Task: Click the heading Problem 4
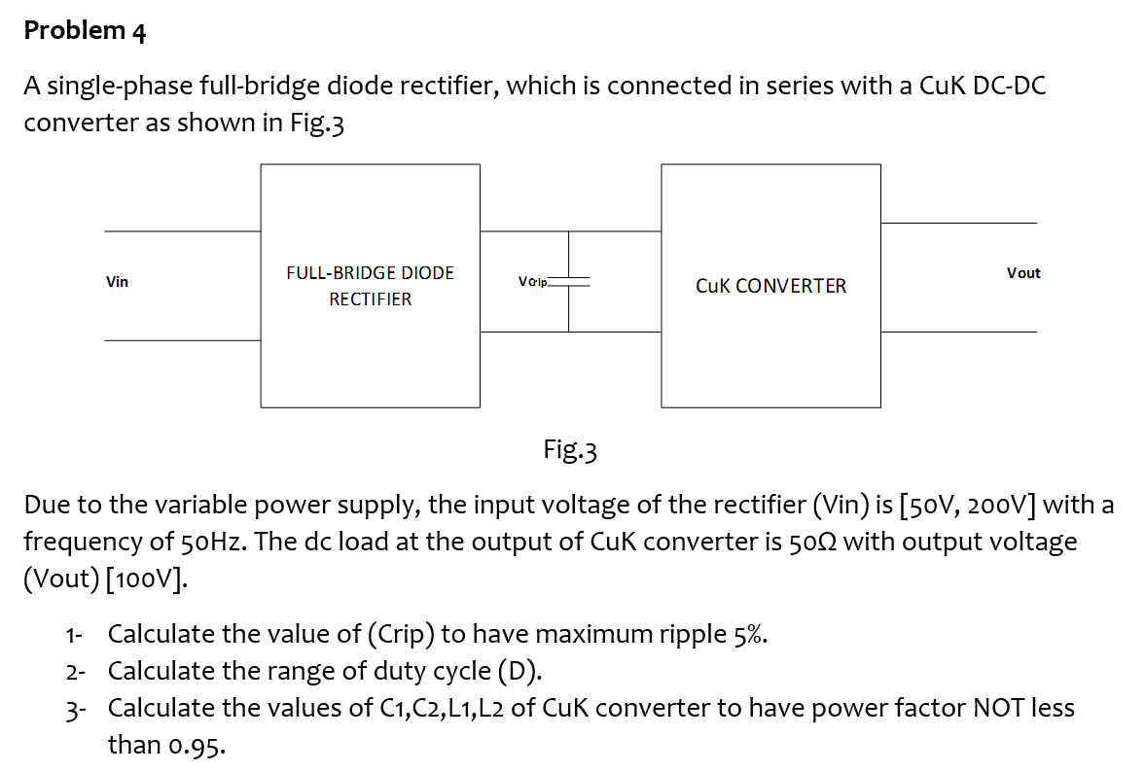click(85, 31)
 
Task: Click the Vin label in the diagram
click(117, 282)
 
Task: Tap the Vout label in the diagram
click(1023, 273)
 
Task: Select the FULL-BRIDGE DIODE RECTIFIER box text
click(370, 286)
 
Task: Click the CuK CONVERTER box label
click(770, 286)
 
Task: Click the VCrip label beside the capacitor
click(534, 282)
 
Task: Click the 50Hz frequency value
click(214, 542)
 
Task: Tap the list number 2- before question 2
click(76, 672)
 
